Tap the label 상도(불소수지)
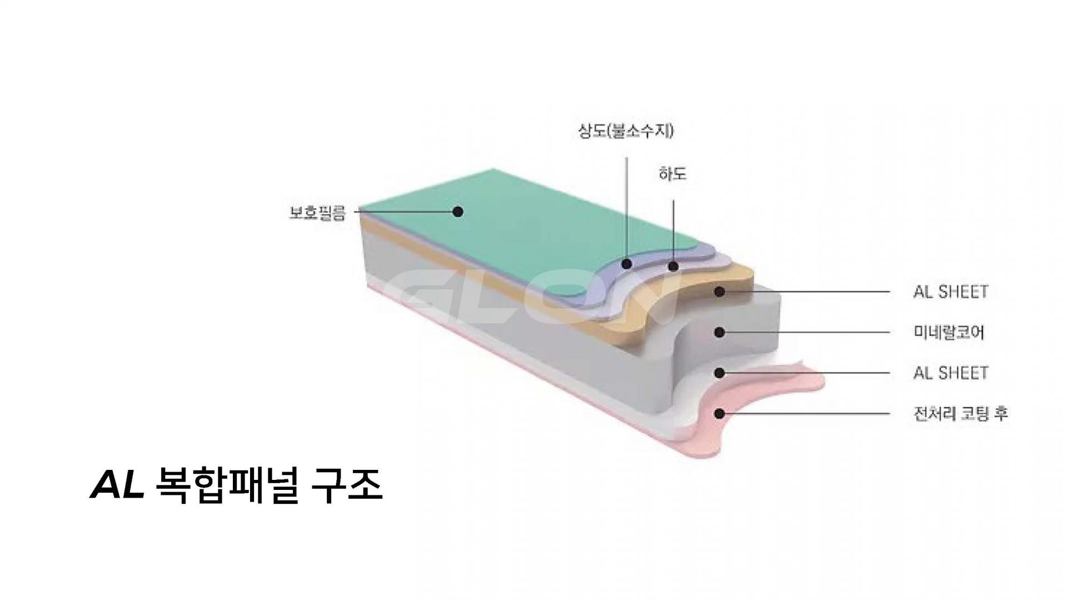626,132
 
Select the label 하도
672,173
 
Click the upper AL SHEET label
950,292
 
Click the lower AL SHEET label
950,373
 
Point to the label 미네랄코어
949,333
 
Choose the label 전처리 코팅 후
960,414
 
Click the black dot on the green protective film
457,211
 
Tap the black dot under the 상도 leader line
627,264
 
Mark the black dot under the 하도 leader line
674,266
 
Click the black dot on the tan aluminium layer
720,291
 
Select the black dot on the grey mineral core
720,332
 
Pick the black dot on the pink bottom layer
720,413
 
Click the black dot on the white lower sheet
720,373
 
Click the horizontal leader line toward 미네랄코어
806,333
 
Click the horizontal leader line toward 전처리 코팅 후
806,414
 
